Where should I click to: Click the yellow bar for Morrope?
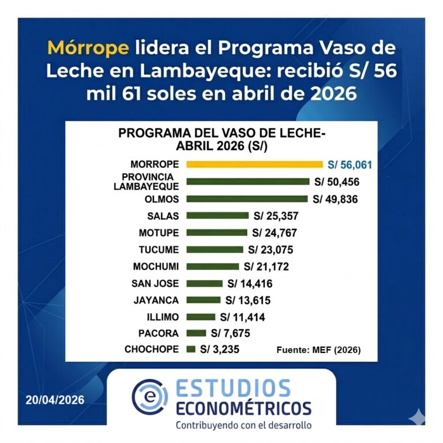tap(254, 164)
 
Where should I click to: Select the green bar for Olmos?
tap(247, 199)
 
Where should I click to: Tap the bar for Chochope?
tap(191, 349)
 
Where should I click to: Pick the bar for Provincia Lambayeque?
tap(247, 182)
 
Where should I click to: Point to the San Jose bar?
tap(205, 283)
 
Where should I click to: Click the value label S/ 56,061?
tap(350, 165)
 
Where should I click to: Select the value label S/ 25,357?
tap(276, 216)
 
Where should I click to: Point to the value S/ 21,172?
tap(266, 266)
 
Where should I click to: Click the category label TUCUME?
tap(159, 250)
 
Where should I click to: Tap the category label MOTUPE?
tap(159, 233)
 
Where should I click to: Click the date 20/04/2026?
tap(55, 400)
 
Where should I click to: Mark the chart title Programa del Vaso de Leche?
tap(221, 139)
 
